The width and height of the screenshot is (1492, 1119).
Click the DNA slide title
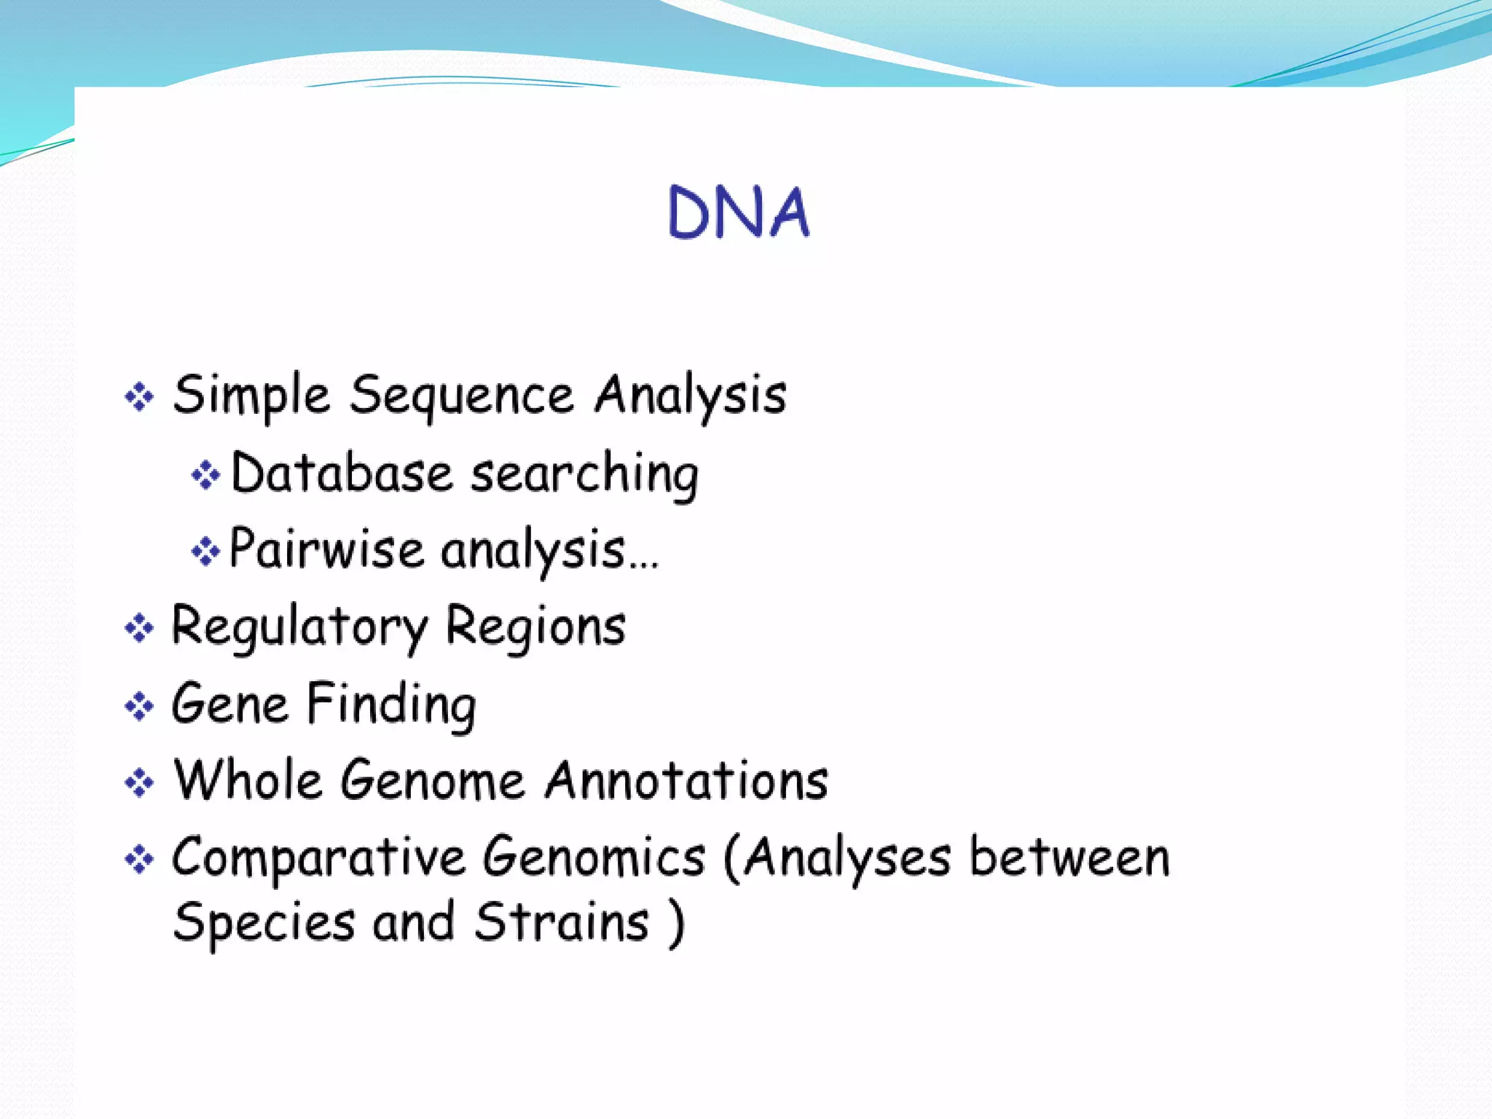(739, 213)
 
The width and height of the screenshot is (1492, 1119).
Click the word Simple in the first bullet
(251, 396)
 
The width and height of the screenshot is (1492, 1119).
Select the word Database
(342, 474)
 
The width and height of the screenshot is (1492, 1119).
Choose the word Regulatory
(299, 627)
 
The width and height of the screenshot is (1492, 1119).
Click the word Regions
(535, 627)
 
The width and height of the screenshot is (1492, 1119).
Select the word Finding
(391, 704)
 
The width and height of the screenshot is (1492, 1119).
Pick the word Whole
(248, 780)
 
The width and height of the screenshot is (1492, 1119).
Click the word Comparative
(318, 858)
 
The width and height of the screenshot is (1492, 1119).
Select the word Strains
(561, 922)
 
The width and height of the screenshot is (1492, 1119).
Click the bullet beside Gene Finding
(139, 706)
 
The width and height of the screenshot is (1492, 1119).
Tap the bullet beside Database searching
(205, 475)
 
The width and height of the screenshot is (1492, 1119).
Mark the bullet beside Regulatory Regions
(139, 628)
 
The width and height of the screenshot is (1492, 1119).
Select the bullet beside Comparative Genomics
(139, 860)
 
